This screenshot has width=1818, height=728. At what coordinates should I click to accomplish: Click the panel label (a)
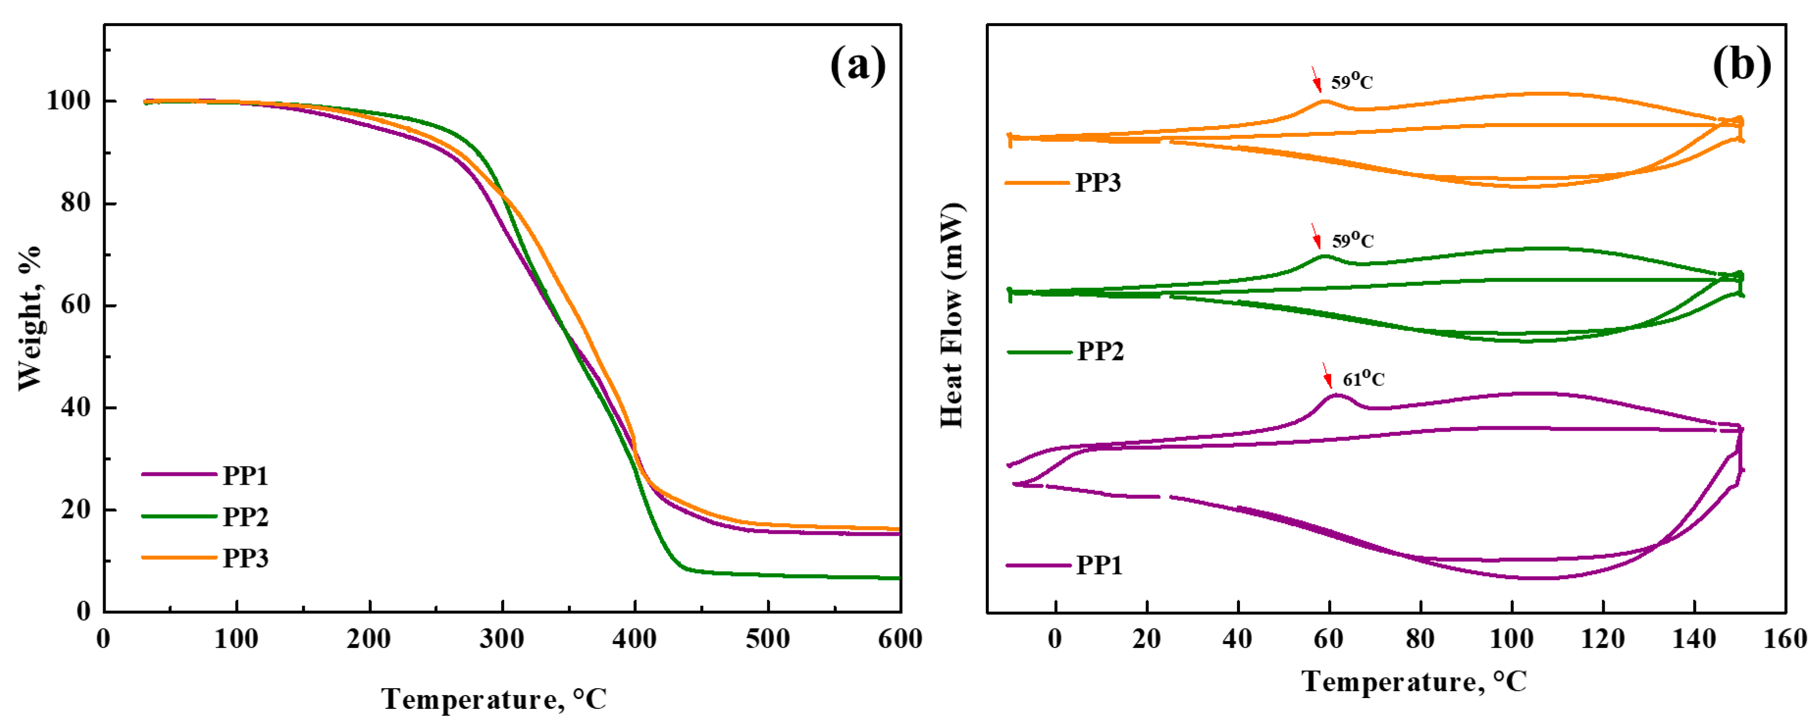(x=858, y=66)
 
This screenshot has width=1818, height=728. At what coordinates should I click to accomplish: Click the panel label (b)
(x=1741, y=66)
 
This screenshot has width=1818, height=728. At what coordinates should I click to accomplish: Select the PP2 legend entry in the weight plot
(x=245, y=517)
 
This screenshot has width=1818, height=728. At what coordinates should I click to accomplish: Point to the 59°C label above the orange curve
(x=1351, y=82)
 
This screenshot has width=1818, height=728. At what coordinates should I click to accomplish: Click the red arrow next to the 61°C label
(x=1327, y=375)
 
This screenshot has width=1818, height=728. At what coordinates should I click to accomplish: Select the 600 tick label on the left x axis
(x=900, y=639)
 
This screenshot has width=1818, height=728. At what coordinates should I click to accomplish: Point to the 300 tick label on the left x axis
(x=502, y=639)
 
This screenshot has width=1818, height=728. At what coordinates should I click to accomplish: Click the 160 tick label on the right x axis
(x=1785, y=639)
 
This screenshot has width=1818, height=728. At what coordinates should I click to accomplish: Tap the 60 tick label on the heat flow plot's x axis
(x=1329, y=639)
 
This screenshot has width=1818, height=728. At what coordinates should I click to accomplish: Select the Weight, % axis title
(x=29, y=317)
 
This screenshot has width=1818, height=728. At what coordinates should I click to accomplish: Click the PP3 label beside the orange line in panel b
(x=1098, y=182)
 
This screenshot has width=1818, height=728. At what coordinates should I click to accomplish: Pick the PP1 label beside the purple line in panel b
(x=1099, y=565)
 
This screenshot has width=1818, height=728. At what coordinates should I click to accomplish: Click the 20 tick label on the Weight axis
(x=76, y=509)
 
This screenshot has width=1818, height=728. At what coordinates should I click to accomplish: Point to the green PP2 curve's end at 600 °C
(x=897, y=578)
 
